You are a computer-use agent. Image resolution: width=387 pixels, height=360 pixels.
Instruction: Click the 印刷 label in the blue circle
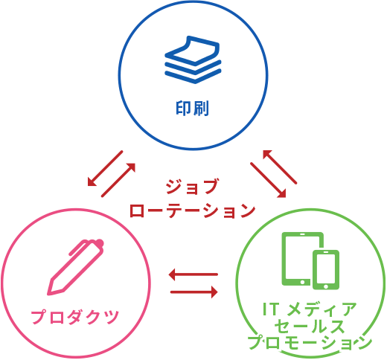[193, 108]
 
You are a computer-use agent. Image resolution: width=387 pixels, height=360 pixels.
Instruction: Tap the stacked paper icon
[193, 60]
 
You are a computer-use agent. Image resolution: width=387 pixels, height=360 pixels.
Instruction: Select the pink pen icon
[75, 267]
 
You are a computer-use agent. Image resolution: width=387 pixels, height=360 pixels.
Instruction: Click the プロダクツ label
[74, 317]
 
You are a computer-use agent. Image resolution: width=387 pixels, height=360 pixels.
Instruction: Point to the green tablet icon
[303, 259]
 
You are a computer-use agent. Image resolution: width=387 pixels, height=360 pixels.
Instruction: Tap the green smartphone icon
[326, 270]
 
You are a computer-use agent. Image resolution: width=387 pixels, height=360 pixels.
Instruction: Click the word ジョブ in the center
[192, 187]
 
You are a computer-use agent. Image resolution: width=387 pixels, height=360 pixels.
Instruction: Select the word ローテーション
[193, 210]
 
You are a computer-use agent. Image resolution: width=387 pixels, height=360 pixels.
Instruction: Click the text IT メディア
[310, 309]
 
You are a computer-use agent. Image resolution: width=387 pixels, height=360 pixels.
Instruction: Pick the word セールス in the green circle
[310, 326]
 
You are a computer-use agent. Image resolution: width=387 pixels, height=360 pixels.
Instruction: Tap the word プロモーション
[310, 342]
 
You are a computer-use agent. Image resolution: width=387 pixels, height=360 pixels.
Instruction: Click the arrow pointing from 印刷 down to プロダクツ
[105, 168]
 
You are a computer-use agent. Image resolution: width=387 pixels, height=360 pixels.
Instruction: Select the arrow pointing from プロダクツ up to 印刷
[118, 180]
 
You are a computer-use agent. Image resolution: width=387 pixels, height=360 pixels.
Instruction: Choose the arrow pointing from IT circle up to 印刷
[280, 167]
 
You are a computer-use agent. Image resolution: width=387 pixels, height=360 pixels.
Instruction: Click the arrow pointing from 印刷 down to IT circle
[268, 180]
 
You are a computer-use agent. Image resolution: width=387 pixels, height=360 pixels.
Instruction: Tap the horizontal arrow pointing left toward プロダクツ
[193, 274]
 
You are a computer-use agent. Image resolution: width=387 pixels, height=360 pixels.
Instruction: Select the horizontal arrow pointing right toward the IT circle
[194, 292]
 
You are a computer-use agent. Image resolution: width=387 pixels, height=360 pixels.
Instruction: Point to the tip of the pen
[48, 294]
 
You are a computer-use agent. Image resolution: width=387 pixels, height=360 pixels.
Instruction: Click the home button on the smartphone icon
[326, 286]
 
